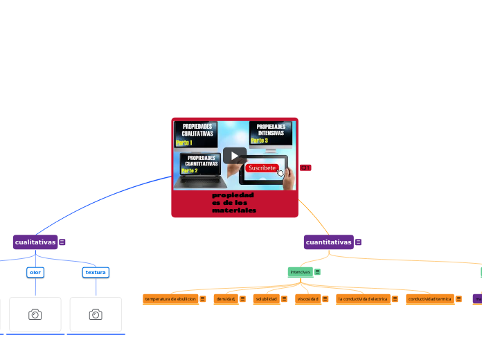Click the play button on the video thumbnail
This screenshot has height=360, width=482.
pyautogui.click(x=234, y=155)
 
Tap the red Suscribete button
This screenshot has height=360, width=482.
pyautogui.click(x=262, y=168)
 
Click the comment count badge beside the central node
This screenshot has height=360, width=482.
pyautogui.click(x=305, y=168)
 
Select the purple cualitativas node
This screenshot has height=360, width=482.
pyautogui.click(x=35, y=242)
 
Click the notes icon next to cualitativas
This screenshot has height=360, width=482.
pyautogui.click(x=62, y=242)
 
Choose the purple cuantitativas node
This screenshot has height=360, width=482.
pyautogui.click(x=328, y=242)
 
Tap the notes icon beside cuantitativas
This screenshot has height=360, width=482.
pyautogui.click(x=358, y=242)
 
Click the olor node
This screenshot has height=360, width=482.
pyautogui.click(x=35, y=272)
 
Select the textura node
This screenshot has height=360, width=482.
pyautogui.click(x=96, y=272)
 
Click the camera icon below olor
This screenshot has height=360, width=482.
pyautogui.click(x=35, y=314)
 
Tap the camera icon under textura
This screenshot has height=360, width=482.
pyautogui.click(x=96, y=314)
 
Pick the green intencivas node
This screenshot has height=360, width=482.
pyautogui.click(x=300, y=272)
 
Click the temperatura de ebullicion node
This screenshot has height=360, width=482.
pyautogui.click(x=170, y=299)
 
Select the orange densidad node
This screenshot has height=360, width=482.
pyautogui.click(x=226, y=299)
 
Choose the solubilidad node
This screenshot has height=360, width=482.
pyautogui.click(x=266, y=299)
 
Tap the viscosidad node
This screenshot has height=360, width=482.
pyautogui.click(x=307, y=299)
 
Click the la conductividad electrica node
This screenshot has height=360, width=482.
pyautogui.click(x=363, y=299)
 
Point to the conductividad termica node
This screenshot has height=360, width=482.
pyautogui.click(x=429, y=299)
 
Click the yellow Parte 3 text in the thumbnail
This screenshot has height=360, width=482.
pyautogui.click(x=259, y=141)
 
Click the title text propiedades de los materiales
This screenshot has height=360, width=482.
pyautogui.click(x=233, y=203)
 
